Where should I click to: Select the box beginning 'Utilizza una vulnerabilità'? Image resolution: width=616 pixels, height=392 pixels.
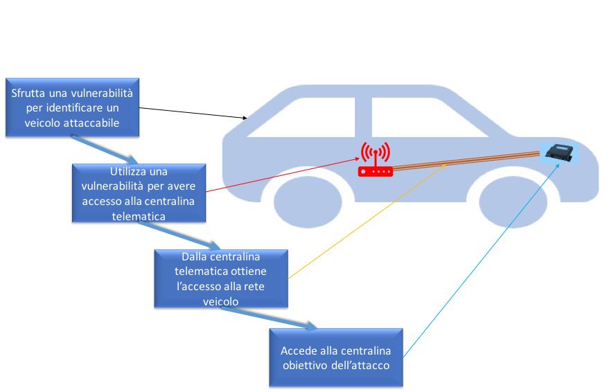click(x=139, y=193)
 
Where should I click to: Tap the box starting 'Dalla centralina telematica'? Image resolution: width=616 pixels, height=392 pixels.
click(x=220, y=278)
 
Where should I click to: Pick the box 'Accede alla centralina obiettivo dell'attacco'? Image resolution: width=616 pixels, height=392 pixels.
click(x=336, y=357)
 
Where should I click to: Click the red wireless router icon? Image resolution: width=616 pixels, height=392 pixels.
click(x=375, y=160)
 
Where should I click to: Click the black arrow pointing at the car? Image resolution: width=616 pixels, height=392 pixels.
click(x=194, y=113)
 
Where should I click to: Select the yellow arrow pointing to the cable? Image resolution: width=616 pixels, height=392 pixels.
click(x=367, y=221)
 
